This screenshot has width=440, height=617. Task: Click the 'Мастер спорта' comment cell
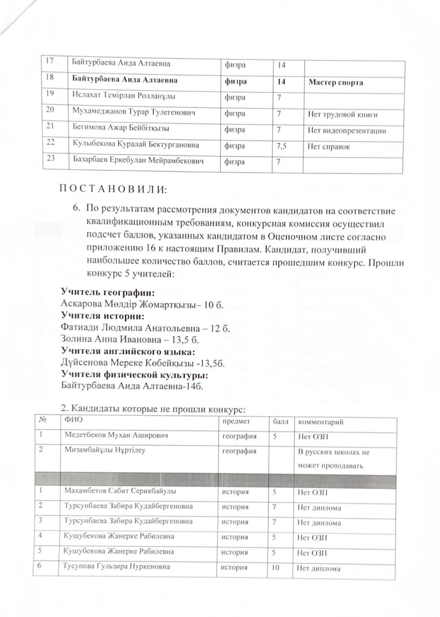[336, 82]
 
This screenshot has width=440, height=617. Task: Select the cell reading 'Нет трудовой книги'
[342, 115]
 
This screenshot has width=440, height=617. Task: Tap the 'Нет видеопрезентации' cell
[347, 130]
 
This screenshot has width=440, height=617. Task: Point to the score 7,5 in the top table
[284, 146]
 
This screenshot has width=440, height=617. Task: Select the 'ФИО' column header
[71, 422]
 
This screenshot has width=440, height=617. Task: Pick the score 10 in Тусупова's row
[275, 568]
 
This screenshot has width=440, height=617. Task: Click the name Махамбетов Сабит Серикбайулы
[120, 492]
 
